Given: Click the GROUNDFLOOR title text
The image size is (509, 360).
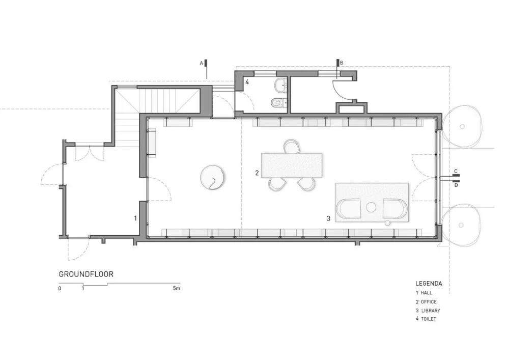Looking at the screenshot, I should (x=86, y=274).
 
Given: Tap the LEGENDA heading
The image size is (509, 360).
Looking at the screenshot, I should (x=429, y=283).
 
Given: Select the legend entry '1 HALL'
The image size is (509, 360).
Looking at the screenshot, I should (x=423, y=293).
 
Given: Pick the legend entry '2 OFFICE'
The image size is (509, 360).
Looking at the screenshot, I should (x=426, y=301).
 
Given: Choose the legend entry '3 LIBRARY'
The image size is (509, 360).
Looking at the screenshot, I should (x=428, y=310).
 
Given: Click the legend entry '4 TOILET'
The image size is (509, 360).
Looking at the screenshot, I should (x=426, y=319).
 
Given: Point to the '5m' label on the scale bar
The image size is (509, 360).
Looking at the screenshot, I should (x=176, y=289).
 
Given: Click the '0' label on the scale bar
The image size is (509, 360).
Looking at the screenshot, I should (x=60, y=289).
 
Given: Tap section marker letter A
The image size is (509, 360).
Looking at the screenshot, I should (x=202, y=63).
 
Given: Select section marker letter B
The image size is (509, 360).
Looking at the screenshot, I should (x=342, y=63).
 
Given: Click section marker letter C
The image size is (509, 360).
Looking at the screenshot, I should (x=456, y=171).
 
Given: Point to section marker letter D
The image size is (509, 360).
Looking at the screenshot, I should (x=456, y=185).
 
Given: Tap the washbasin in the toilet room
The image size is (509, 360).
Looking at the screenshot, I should (x=280, y=85).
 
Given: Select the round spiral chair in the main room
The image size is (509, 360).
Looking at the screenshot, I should (x=213, y=177).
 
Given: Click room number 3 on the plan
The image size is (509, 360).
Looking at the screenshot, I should (x=328, y=218).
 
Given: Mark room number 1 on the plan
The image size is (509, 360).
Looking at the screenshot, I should (x=135, y=218).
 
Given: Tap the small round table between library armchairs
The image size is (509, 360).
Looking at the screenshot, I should (x=371, y=207).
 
